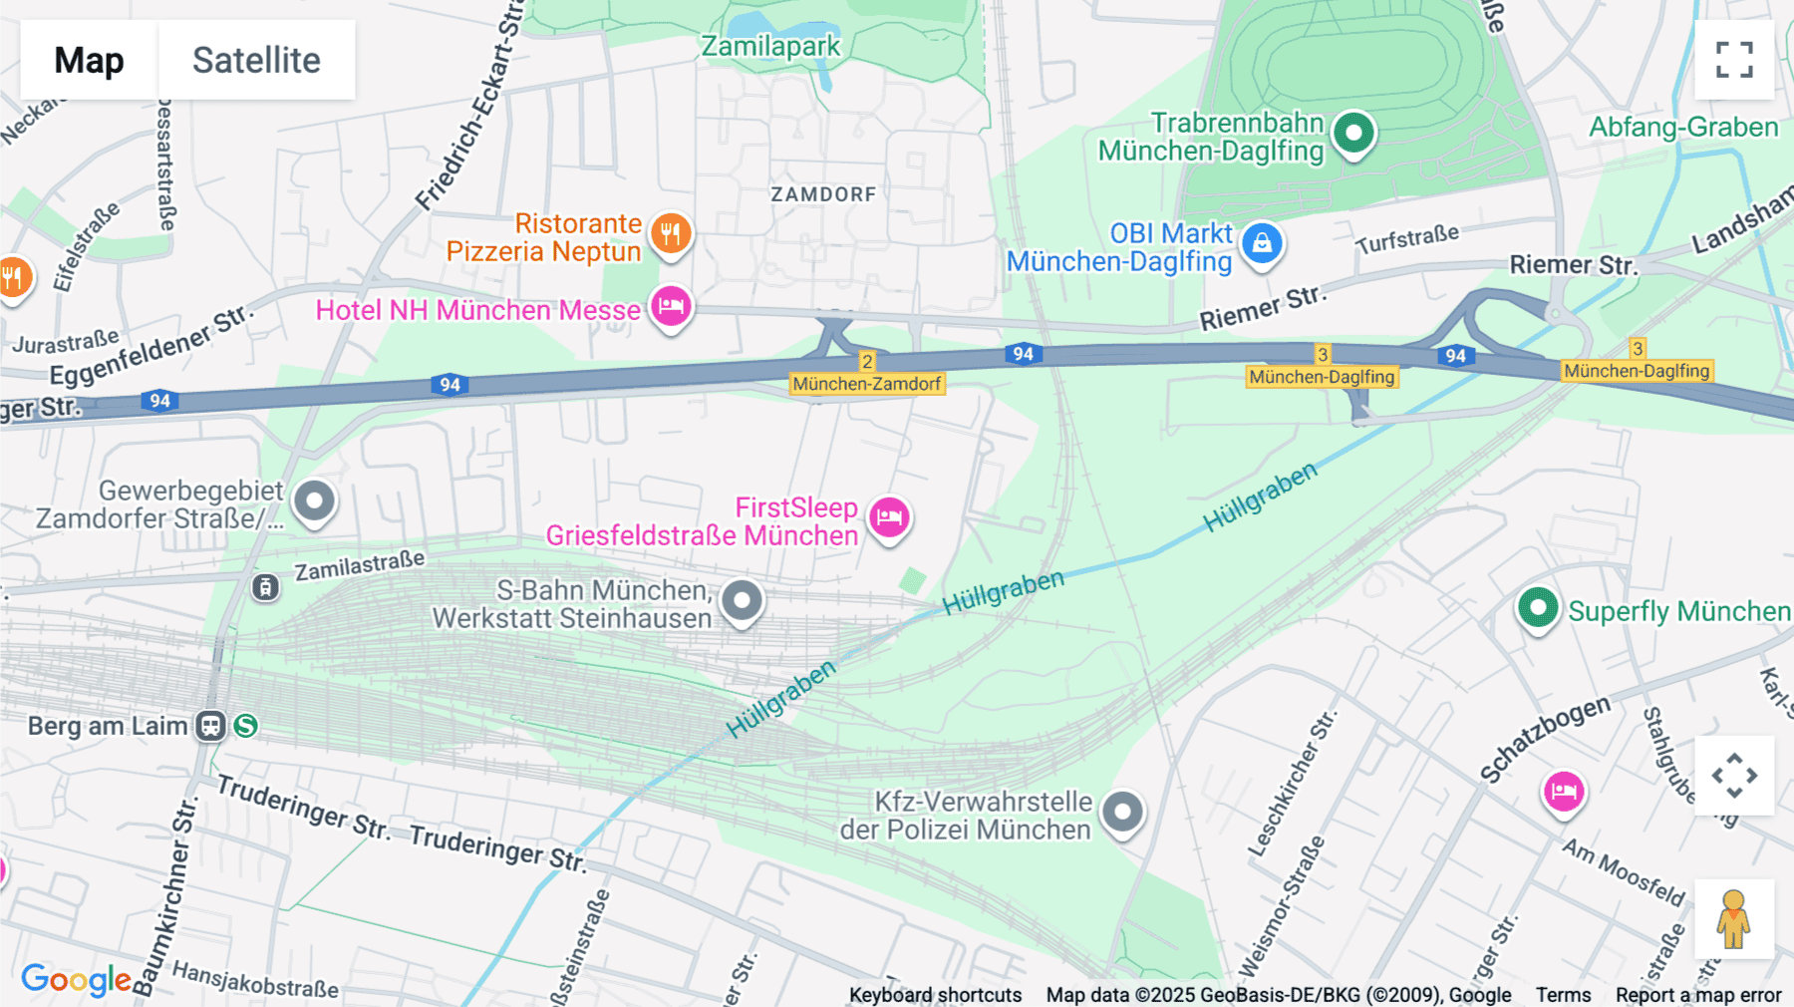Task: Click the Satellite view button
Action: (256, 60)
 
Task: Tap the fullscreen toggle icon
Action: (1734, 60)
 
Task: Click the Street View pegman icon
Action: (1733, 918)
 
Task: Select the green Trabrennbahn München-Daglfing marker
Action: (1353, 133)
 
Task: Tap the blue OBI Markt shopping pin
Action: (1262, 243)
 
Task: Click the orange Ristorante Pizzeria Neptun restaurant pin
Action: (671, 234)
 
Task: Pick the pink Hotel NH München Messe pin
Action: (671, 306)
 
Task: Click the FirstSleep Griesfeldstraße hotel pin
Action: (889, 517)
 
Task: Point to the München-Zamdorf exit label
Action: (866, 384)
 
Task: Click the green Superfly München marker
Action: (1538, 607)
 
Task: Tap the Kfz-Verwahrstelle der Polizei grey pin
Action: (1123, 813)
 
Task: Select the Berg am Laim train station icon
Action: (210, 726)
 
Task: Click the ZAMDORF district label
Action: (823, 194)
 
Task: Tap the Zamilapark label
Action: (770, 47)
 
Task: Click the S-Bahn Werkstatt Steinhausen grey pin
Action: (742, 601)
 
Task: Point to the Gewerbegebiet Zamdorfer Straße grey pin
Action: (315, 501)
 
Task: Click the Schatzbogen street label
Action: (1544, 739)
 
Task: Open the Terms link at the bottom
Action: (1563, 995)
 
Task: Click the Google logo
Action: (76, 980)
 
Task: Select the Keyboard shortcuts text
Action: (935, 995)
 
